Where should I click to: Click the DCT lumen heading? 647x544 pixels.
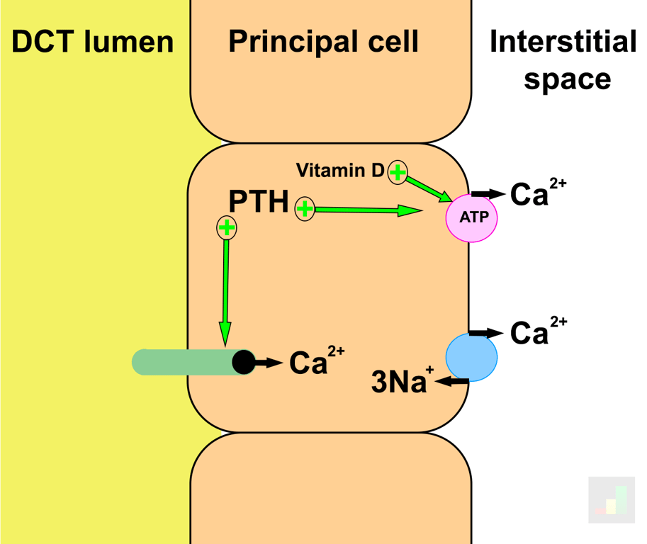point(93,42)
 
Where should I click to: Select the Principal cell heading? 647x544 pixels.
point(323,42)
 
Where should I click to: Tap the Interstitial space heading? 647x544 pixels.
point(563,60)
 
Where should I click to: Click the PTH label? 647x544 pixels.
point(258,203)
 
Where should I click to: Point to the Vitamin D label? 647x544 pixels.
point(339,170)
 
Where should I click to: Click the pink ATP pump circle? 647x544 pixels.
point(471,217)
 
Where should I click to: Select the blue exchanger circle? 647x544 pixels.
point(471,357)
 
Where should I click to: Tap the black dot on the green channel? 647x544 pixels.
point(244,362)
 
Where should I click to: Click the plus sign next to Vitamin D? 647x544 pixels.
point(398,171)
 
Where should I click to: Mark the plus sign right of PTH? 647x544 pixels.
point(305,209)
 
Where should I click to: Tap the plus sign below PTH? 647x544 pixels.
point(226,227)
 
